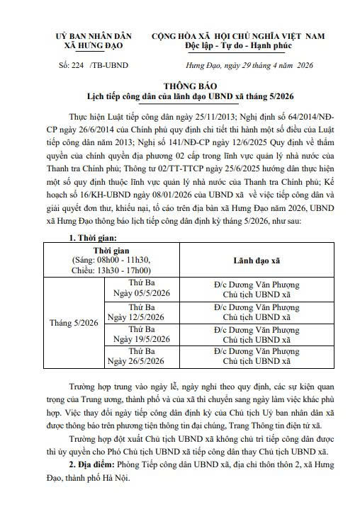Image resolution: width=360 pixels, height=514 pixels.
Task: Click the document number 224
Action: tap(75, 62)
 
